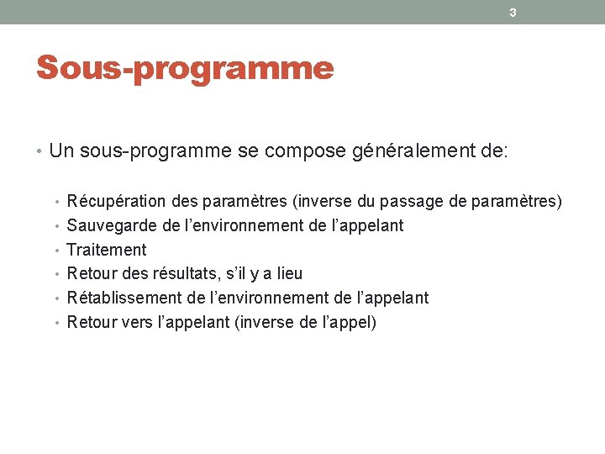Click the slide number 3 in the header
[x=513, y=13]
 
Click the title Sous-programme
[x=185, y=68]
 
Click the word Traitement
[x=106, y=250]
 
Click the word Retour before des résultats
[x=91, y=273]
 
